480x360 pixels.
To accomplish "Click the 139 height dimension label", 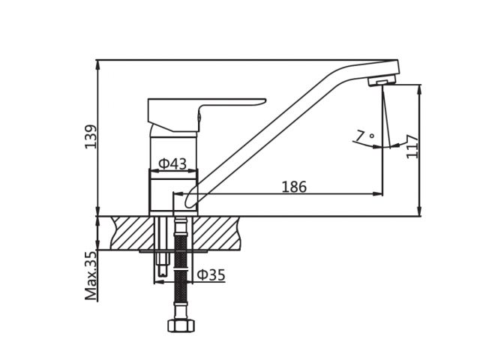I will (91, 136).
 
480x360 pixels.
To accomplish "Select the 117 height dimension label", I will (412, 146).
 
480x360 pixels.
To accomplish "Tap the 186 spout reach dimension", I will (294, 187).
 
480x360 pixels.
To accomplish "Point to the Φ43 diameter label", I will (172, 163).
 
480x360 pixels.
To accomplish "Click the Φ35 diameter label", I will (211, 275).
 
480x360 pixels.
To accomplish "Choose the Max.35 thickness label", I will (91, 275).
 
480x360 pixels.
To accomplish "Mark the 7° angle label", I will (366, 136).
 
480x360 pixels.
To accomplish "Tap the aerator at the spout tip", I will (382, 81).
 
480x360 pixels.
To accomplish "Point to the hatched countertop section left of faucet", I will (131, 232).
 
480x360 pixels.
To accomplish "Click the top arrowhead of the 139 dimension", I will (97, 64).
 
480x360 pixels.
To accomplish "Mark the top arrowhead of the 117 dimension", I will (419, 89).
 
